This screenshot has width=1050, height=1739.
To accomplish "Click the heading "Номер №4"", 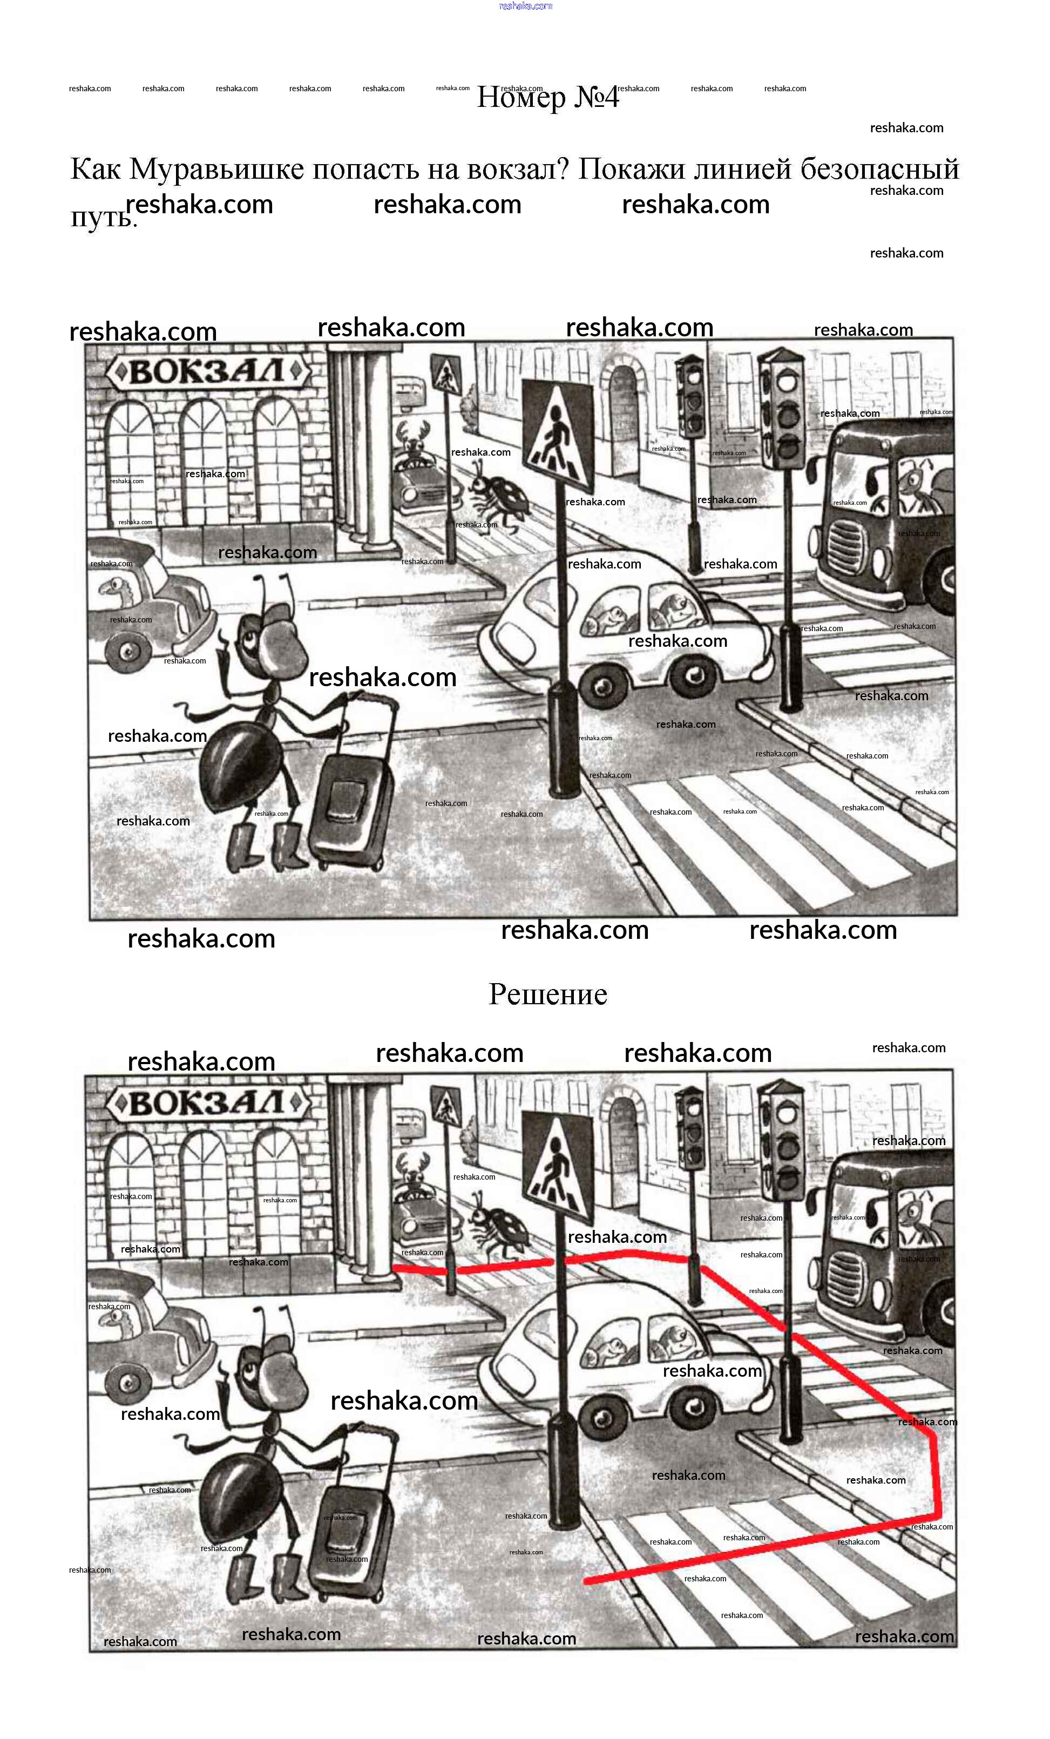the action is (547, 97).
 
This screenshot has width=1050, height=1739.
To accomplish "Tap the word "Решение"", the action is (547, 994).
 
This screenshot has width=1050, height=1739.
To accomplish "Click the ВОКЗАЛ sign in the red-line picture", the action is (207, 1103).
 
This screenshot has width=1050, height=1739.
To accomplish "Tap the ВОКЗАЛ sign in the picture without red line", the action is (207, 371).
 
